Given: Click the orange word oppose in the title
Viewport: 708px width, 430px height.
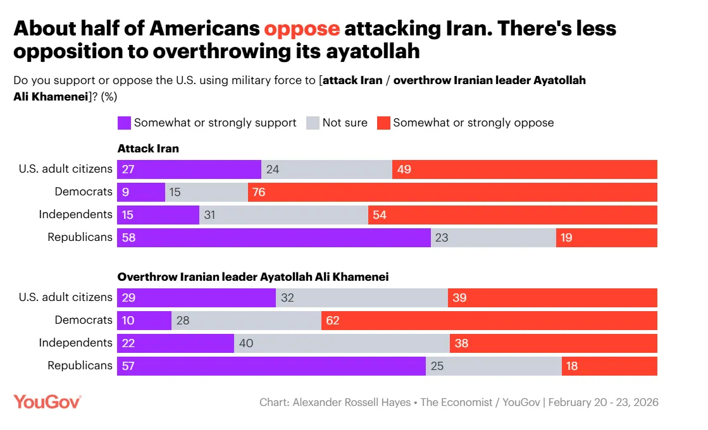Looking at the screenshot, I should pos(302,28).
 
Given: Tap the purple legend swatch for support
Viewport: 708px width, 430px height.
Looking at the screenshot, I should pos(124,123).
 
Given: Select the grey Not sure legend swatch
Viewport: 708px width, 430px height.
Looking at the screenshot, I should pos(313,123).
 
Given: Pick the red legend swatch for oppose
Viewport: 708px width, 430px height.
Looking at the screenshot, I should pos(383,123).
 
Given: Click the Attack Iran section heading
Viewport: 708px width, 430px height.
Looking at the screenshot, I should pos(148,149).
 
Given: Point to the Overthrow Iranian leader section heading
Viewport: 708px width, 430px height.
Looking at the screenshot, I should pos(252,277).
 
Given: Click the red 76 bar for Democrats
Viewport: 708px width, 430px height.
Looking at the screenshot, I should pos(452,192).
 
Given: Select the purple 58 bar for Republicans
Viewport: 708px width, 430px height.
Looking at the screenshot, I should pos(273,238).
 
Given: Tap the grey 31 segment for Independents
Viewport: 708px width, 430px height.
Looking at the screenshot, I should pos(283,215).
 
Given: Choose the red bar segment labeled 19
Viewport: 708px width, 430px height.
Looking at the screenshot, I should pos(607,238).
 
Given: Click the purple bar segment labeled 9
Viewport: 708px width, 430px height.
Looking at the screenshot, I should pos(141,192).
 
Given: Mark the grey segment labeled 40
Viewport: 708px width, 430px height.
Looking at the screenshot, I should pos(342,343).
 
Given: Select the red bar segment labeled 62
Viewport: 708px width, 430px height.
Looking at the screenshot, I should pos(489,321).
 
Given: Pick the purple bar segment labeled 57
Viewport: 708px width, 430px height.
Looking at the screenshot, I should pos(271,366).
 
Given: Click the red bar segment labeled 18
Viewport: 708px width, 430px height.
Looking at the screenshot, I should pos(609,366).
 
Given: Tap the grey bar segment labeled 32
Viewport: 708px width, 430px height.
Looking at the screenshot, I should pos(362,298).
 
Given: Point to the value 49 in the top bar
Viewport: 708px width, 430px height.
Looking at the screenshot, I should pos(404,169).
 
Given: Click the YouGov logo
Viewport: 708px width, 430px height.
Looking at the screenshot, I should pos(47,402).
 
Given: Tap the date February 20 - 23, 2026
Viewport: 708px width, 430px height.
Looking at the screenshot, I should pos(603,402).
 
